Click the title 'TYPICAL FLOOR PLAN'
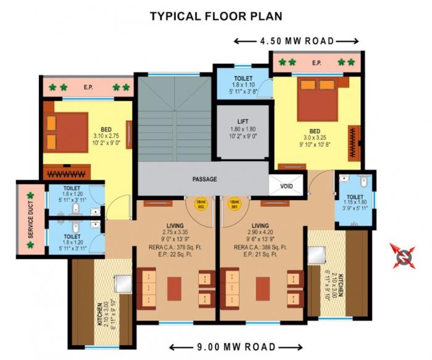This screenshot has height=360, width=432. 216,16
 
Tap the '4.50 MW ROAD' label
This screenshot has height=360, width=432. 296,41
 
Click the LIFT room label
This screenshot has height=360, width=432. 243,122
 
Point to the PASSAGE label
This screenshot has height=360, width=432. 204,179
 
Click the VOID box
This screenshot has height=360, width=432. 286,185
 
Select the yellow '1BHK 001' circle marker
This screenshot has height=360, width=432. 234,204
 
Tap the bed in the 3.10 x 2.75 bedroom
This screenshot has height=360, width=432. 65,132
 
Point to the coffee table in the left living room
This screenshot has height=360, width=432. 175,288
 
